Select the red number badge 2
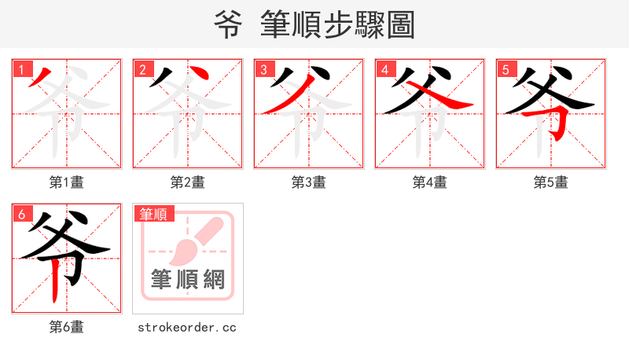(142, 69)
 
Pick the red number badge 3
(263, 69)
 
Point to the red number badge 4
(384, 69)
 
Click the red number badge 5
(506, 69)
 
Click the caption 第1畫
(67, 182)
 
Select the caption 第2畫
(188, 182)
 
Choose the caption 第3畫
(309, 182)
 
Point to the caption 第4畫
(430, 182)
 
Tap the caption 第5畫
(551, 182)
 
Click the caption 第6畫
(67, 327)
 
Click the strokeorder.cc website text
(187, 327)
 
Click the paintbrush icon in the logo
(193, 241)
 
